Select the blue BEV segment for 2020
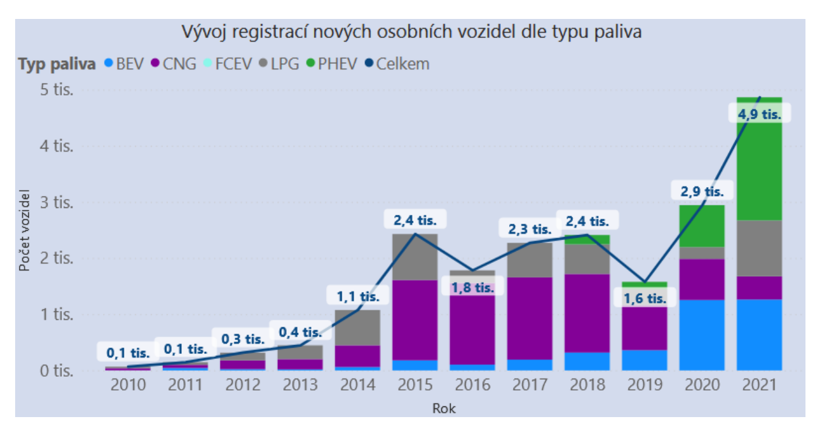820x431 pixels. [702, 335]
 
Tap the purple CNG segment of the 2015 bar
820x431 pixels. [415, 320]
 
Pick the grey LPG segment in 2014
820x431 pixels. [358, 327]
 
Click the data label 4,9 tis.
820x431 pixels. [760, 115]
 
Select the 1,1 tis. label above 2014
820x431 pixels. [358, 295]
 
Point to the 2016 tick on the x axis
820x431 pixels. [473, 385]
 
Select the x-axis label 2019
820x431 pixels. [644, 385]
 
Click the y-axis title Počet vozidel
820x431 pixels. [25, 229]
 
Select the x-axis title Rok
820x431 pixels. [443, 408]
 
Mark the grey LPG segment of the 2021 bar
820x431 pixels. [759, 248]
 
